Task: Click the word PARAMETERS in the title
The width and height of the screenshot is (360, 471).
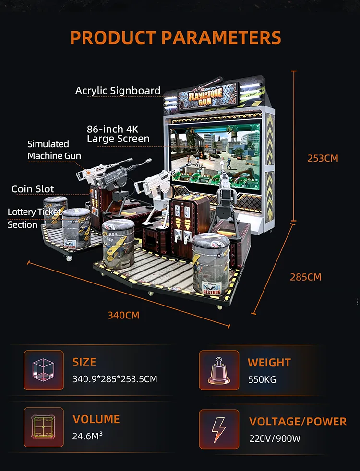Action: coord(221,37)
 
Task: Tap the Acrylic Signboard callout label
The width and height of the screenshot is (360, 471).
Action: coord(118,91)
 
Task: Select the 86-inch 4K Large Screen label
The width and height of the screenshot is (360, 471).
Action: coord(118,134)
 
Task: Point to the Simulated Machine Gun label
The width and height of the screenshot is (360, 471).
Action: coord(54,150)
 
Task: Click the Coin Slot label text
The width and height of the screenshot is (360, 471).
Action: coord(33,189)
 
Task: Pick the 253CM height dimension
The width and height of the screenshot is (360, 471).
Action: coord(323,158)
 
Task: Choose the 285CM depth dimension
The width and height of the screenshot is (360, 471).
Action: coord(306,277)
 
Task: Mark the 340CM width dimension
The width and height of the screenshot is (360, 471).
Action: coord(123,316)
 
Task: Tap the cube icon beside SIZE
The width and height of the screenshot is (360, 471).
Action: coord(44,370)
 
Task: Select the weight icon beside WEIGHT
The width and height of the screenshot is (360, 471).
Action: coord(219,370)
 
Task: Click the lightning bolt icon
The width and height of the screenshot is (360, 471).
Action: coord(219,430)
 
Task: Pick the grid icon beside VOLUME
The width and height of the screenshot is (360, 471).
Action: coord(44,427)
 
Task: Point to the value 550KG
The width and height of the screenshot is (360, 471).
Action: coord(262,380)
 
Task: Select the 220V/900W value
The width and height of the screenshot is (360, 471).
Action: coord(275,438)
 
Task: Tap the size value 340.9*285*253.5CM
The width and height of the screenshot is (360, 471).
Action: coord(115,379)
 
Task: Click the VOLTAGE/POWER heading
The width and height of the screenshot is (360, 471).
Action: coord(298,422)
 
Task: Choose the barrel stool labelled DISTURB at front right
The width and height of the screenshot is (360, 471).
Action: coord(211,264)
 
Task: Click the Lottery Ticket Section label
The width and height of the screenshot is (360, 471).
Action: coord(34,218)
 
